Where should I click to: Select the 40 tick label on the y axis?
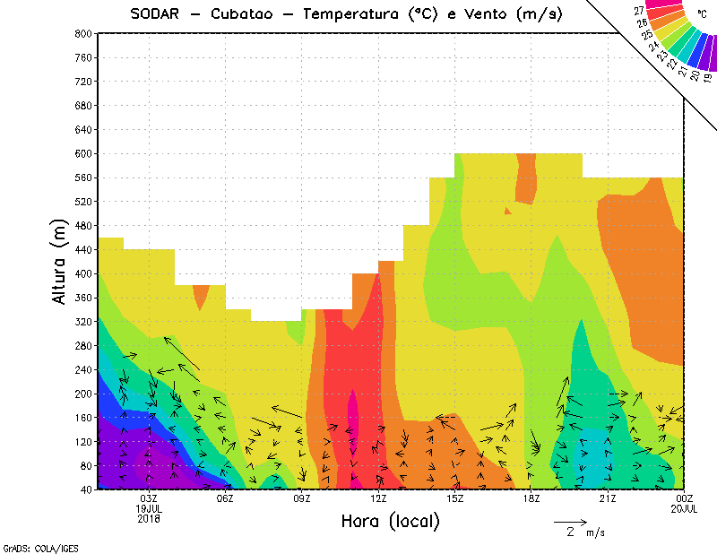pyautogui.click(x=86, y=489)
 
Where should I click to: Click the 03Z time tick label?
pyautogui.click(x=149, y=498)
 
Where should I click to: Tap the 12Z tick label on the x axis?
pyautogui.click(x=378, y=498)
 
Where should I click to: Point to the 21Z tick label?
pyautogui.click(x=608, y=498)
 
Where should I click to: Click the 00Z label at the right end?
pyautogui.click(x=684, y=498)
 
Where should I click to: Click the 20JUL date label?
pyautogui.click(x=684, y=508)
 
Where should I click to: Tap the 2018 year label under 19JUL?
pyautogui.click(x=149, y=518)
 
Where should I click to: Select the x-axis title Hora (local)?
pyautogui.click(x=390, y=521)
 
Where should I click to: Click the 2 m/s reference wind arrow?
pyautogui.click(x=570, y=521)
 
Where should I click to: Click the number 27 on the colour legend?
pyautogui.click(x=639, y=10)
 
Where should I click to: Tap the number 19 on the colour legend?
pyautogui.click(x=708, y=77)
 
